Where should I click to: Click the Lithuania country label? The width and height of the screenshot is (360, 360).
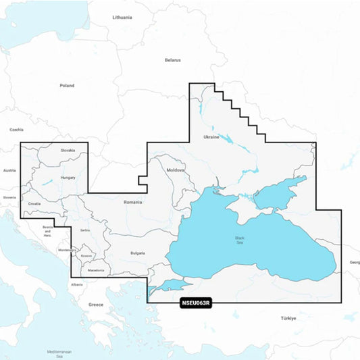(x=122, y=17)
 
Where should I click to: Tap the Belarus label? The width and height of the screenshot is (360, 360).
(x=173, y=60)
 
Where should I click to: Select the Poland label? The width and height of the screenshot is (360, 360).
(x=67, y=86)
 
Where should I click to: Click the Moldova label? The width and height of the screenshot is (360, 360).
(x=176, y=170)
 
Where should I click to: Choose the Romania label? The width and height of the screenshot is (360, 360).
(x=133, y=202)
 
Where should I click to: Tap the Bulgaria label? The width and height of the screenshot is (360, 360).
(x=138, y=253)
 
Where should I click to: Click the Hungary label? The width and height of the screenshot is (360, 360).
(x=68, y=178)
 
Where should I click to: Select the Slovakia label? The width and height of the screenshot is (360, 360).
(x=68, y=150)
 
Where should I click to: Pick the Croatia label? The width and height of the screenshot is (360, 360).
(x=34, y=203)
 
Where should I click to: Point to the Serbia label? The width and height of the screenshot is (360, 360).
(x=85, y=230)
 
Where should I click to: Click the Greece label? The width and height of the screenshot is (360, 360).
(x=96, y=305)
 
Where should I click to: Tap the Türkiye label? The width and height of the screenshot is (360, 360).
(x=289, y=317)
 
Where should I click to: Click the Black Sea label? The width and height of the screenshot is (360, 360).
(x=240, y=240)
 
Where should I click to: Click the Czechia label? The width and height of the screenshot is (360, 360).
(x=16, y=130)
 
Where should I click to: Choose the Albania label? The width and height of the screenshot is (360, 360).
(x=77, y=284)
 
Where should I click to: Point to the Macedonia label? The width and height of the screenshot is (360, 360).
(x=96, y=270)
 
